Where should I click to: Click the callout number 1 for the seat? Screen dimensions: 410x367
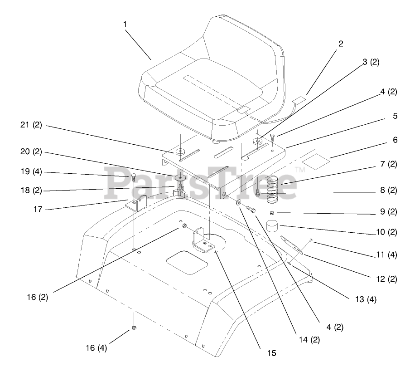pyautogui.click(x=125, y=24)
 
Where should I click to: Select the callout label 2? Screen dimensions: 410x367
pyautogui.click(x=341, y=44)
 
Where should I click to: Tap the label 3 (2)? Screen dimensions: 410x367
pyautogui.click(x=371, y=63)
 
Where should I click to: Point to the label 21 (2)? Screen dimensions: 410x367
pyautogui.click(x=31, y=126)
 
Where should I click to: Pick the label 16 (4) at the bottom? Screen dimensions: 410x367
pyautogui.click(x=96, y=348)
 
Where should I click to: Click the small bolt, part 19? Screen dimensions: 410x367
pyautogui.click(x=134, y=176)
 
